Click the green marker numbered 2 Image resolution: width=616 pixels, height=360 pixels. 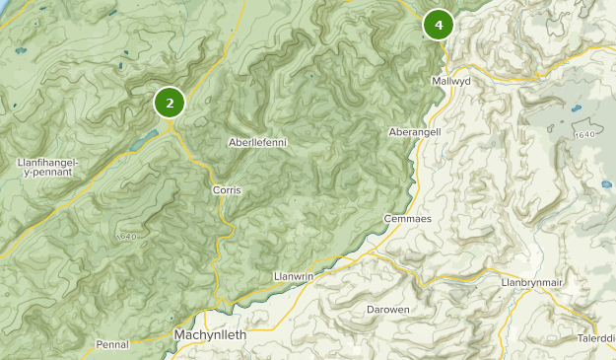pyautogui.click(x=170, y=102)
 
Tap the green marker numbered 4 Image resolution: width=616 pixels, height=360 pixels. pyautogui.click(x=438, y=25)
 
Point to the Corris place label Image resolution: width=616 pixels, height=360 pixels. pyautogui.click(x=227, y=189)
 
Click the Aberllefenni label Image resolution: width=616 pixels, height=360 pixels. pyautogui.click(x=257, y=143)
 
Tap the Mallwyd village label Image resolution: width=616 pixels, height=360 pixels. pyautogui.click(x=450, y=80)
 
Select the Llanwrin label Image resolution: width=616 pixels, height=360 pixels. pyautogui.click(x=294, y=276)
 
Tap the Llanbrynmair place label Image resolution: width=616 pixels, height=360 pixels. pyautogui.click(x=530, y=283)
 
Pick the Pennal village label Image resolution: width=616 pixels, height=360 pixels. pyautogui.click(x=112, y=344)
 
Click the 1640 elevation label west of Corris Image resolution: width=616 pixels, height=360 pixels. pyautogui.click(x=124, y=238)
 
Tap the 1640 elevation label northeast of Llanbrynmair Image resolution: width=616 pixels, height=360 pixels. pyautogui.click(x=584, y=134)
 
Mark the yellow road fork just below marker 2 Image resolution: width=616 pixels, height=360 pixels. pyautogui.click(x=171, y=125)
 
